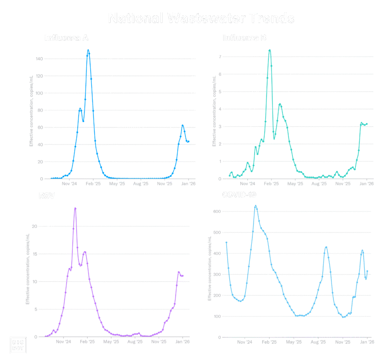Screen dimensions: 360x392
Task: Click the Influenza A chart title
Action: pyautogui.click(x=67, y=38)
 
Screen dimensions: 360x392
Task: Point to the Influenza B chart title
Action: pyautogui.click(x=245, y=38)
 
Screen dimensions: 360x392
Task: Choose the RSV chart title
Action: pyautogui.click(x=47, y=196)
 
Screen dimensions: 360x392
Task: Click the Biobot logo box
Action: pyautogui.click(x=18, y=345)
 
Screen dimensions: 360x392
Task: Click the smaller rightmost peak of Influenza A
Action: pyautogui.click(x=183, y=125)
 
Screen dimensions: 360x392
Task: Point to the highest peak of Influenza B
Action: pyautogui.click(x=270, y=50)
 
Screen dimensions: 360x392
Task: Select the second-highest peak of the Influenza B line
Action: pyautogui.click(x=280, y=104)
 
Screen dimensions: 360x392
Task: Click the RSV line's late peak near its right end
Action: pyautogui.click(x=178, y=272)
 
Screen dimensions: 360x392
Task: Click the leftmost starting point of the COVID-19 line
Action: pyautogui.click(x=226, y=242)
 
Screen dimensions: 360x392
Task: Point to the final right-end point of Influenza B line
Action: pyautogui.click(x=367, y=124)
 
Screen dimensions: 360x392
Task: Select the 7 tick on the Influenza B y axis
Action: pyautogui.click(x=220, y=56)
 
